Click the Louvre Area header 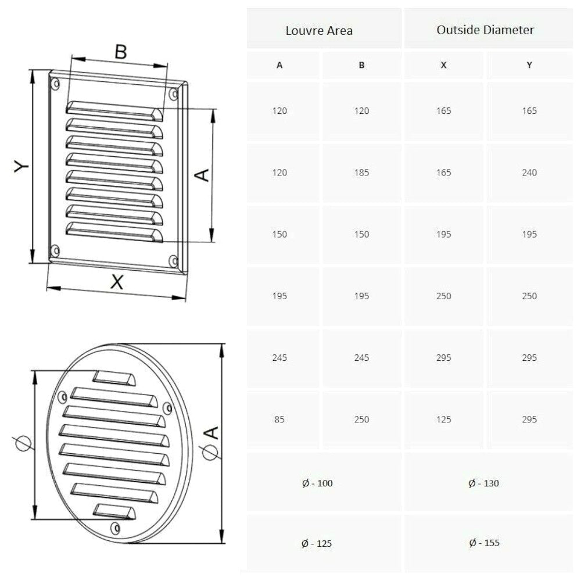point(318,30)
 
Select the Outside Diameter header point(485,30)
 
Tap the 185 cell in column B point(361,173)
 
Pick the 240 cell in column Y point(529,173)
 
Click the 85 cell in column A point(279,419)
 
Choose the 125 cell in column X point(443,419)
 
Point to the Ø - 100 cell point(317,483)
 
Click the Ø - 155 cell point(484,543)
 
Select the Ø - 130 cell point(483,483)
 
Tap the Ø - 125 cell point(317,544)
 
